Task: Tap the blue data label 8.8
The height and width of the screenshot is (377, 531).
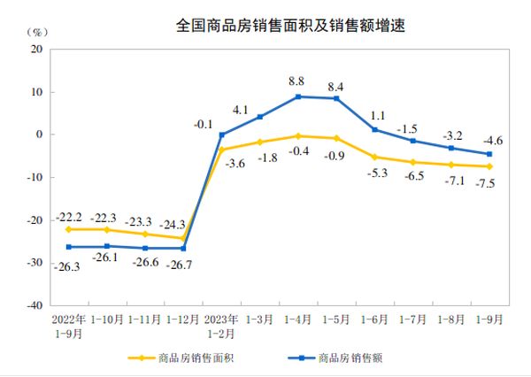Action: click(x=298, y=81)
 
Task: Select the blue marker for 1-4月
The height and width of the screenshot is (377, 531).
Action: click(x=298, y=96)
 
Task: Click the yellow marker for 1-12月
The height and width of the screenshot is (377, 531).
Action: click(x=183, y=238)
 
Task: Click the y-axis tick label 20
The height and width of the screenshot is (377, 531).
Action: click(x=37, y=50)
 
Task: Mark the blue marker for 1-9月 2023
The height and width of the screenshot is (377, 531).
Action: click(x=489, y=154)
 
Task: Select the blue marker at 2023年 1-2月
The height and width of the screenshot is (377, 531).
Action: click(x=221, y=135)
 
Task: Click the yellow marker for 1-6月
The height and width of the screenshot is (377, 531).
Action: click(x=374, y=157)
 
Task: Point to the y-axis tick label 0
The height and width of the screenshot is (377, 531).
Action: click(x=40, y=135)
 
